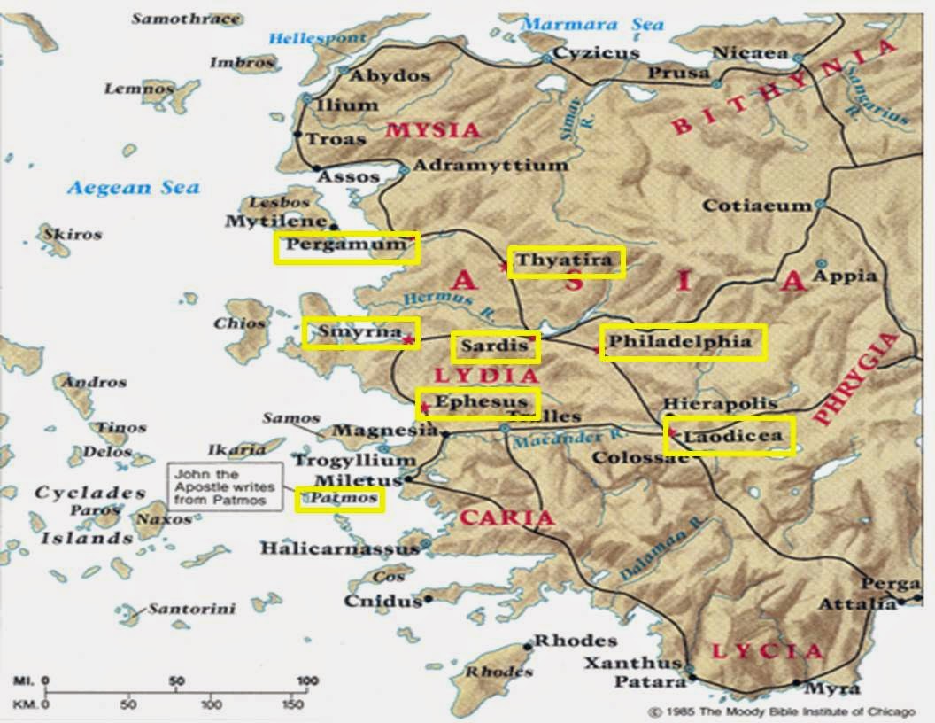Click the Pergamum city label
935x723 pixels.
point(345,245)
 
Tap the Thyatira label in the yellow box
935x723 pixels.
point(565,260)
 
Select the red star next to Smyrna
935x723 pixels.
point(407,339)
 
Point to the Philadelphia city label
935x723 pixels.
point(680,341)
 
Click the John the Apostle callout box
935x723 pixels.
point(225,486)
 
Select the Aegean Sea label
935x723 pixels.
point(134,188)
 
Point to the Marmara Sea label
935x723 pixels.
point(592,24)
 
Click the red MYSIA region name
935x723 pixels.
point(433,130)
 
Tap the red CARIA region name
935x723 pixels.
point(506,517)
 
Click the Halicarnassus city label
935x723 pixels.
point(338,548)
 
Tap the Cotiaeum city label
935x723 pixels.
point(756,206)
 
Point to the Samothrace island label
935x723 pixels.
point(185,18)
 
